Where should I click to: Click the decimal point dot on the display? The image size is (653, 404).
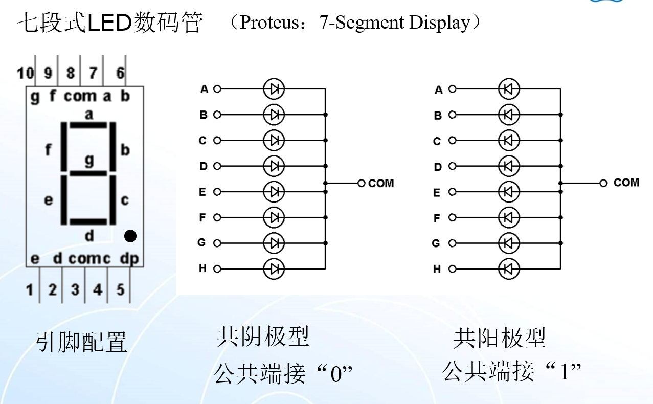click(130, 236)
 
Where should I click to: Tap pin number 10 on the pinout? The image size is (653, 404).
click(25, 73)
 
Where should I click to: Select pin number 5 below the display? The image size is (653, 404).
click(120, 290)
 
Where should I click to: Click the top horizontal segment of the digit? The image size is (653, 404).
click(88, 125)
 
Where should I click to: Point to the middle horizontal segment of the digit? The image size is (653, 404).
click(88, 172)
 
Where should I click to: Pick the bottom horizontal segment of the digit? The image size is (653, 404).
click(88, 221)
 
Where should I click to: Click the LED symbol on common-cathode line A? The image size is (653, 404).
click(274, 89)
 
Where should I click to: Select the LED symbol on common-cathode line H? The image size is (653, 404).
click(274, 268)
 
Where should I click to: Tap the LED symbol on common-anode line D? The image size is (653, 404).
click(508, 166)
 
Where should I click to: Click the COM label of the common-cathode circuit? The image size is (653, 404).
click(381, 183)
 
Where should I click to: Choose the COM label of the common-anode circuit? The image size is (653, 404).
click(626, 183)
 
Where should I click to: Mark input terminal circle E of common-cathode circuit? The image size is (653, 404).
click(217, 192)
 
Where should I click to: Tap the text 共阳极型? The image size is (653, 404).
click(500, 338)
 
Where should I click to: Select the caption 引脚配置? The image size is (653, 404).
click(81, 342)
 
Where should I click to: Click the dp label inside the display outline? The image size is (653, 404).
click(129, 259)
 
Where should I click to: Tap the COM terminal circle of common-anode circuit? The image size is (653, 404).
click(603, 183)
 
